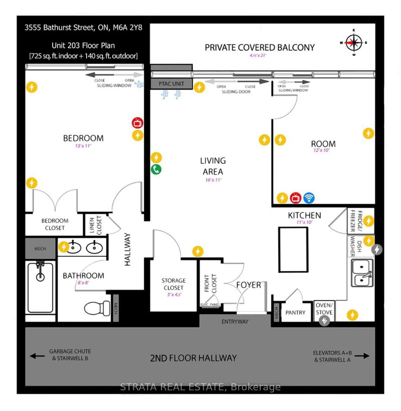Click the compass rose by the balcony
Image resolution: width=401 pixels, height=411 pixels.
point(354,43)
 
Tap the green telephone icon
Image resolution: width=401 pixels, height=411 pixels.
point(156,169)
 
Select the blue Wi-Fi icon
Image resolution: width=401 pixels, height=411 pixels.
point(309,198)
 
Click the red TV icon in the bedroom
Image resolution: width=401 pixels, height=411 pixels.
point(136,123)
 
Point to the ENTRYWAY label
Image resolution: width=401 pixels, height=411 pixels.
point(235,321)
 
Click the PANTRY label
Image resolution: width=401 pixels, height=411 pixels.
point(296,312)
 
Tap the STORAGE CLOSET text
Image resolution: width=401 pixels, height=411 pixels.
point(173,284)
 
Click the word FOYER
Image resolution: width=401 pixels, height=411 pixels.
point(248,285)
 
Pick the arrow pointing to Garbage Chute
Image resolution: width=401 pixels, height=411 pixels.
point(34,356)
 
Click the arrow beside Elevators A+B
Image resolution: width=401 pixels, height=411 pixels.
point(366,356)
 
